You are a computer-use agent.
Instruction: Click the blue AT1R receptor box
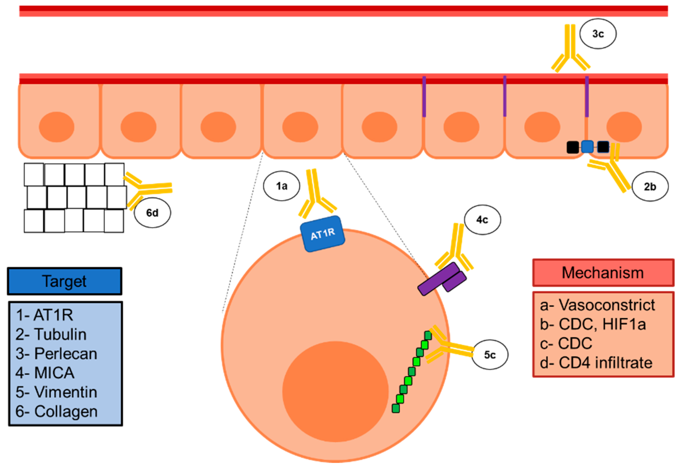point(323,234)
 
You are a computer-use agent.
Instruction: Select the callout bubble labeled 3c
point(598,34)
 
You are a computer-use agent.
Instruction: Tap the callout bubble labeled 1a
point(281,186)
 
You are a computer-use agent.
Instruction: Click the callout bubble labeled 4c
point(482,220)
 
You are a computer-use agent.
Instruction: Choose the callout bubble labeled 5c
point(490,355)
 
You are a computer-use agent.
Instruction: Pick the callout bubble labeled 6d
point(152,213)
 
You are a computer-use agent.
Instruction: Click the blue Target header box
point(65,281)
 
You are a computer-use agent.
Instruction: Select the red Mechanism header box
point(603,273)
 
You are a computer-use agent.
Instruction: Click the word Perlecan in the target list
point(66,354)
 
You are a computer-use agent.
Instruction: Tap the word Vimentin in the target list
point(66,392)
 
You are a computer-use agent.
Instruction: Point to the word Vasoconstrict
point(607,305)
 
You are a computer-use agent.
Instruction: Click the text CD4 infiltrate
point(605,363)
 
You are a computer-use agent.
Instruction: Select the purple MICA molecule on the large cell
point(442,279)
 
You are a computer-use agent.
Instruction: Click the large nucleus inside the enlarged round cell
point(335,392)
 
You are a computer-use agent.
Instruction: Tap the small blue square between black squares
point(587,147)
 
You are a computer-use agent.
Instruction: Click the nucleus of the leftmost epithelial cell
point(57,127)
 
